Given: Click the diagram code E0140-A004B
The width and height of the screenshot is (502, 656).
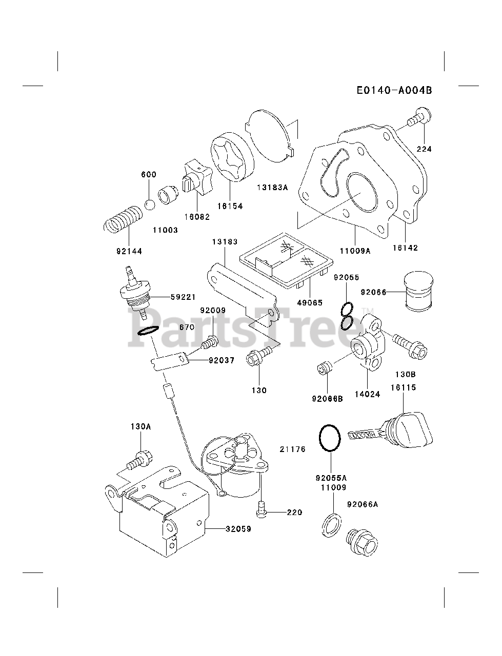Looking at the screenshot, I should (x=401, y=90).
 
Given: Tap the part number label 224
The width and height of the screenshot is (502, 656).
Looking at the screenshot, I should (x=424, y=149).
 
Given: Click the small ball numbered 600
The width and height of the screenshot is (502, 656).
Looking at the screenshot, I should (x=150, y=204).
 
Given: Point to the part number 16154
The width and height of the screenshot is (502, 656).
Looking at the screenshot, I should (x=230, y=206).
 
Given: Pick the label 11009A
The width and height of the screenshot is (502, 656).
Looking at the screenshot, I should (x=355, y=251).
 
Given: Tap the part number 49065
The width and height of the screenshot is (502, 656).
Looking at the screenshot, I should (x=310, y=303).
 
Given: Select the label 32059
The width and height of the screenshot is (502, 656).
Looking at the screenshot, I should (x=238, y=529).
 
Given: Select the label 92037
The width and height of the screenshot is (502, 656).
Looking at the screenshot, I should (x=221, y=360).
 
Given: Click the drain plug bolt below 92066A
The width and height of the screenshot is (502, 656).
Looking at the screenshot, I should (x=362, y=544).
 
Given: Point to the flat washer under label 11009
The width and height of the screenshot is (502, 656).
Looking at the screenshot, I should (x=330, y=524).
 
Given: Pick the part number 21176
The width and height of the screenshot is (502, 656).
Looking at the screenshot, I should (x=292, y=449).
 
